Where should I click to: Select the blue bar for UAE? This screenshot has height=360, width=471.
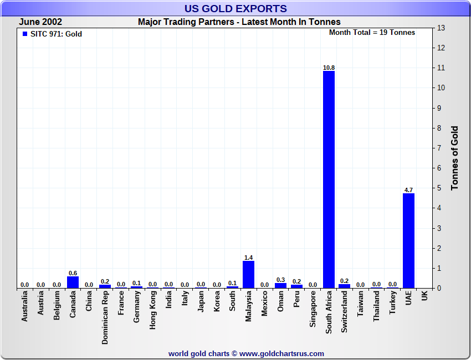click(408, 240)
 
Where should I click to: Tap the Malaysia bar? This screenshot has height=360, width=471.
click(248, 274)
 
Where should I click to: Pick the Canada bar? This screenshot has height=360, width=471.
click(73, 282)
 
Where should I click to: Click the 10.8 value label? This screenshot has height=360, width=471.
click(329, 68)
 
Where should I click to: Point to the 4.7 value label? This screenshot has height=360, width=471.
click(408, 190)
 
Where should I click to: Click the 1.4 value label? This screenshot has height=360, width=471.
click(248, 258)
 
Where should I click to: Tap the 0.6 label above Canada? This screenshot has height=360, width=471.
click(73, 273)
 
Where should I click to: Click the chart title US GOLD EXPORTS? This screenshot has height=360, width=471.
click(235, 9)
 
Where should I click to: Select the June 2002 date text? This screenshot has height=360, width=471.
click(40, 22)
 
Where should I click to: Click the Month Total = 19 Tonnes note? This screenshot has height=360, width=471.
click(372, 33)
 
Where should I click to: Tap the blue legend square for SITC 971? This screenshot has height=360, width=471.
click(24, 34)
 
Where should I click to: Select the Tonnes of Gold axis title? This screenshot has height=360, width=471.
click(455, 158)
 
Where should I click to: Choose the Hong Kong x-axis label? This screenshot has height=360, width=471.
click(153, 311)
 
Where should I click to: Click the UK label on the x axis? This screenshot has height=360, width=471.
click(424, 296)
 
